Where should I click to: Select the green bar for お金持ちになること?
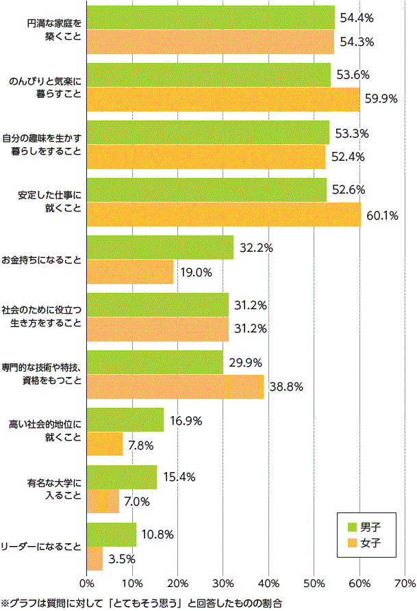point(160,247)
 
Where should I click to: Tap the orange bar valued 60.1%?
point(223,214)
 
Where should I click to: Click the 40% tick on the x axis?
point(268,583)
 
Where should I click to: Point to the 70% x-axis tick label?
point(405,583)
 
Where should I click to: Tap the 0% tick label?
point(87,583)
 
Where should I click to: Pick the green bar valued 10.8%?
point(112,534)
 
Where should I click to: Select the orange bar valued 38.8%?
point(175,387)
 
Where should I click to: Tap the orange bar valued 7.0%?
point(103,502)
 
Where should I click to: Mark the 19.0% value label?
point(195,272)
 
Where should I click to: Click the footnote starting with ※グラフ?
point(142,602)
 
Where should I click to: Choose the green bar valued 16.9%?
point(125,419)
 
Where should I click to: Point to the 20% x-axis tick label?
point(177,583)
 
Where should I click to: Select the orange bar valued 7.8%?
point(105,444)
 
